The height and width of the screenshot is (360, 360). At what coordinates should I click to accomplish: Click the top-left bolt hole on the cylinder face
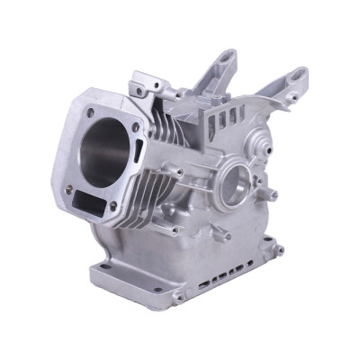[x=90, y=112]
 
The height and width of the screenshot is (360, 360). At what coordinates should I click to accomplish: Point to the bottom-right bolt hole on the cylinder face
[x=113, y=205]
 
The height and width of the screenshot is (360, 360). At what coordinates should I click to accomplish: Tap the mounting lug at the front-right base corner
[x=179, y=296]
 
